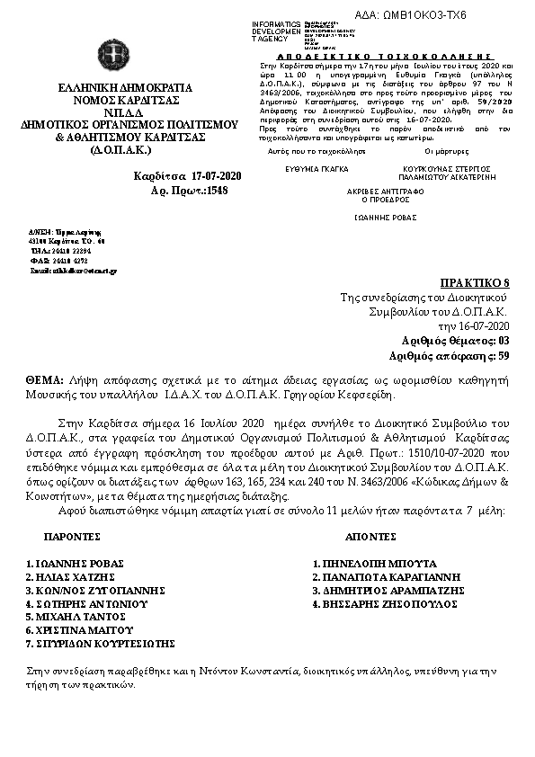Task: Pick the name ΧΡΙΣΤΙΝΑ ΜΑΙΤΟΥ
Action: (70, 631)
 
